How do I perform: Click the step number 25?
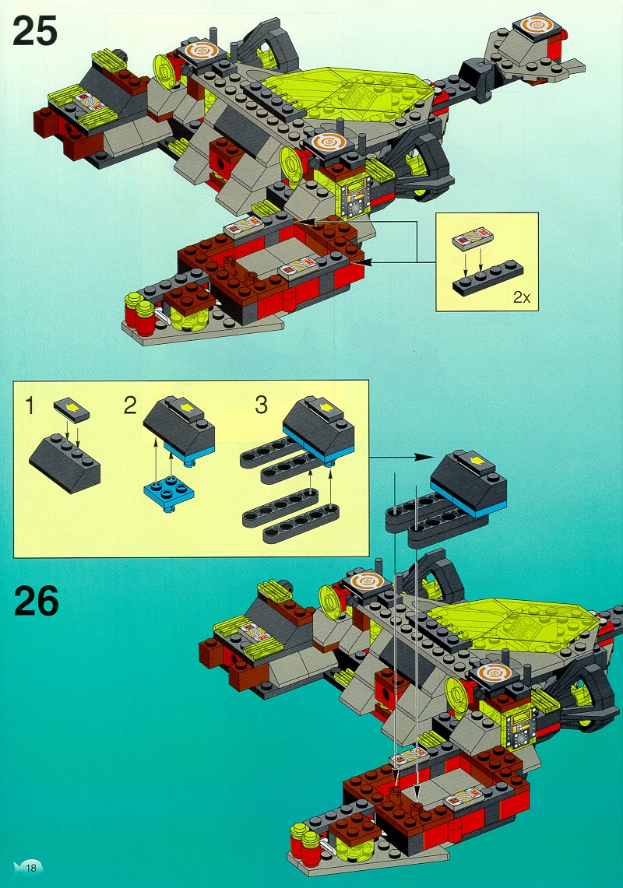click(x=35, y=30)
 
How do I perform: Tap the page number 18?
click(x=30, y=867)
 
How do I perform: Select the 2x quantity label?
click(x=522, y=297)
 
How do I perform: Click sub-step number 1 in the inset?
click(x=30, y=405)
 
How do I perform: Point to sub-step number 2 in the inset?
click(x=130, y=405)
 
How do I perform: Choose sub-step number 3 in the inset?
click(x=261, y=405)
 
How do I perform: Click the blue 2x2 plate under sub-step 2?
click(x=169, y=495)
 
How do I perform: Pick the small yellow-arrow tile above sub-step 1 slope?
click(x=72, y=410)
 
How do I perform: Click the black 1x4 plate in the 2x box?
click(x=488, y=278)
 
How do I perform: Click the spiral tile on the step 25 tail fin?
click(x=536, y=27)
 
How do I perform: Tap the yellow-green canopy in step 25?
click(x=346, y=93)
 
